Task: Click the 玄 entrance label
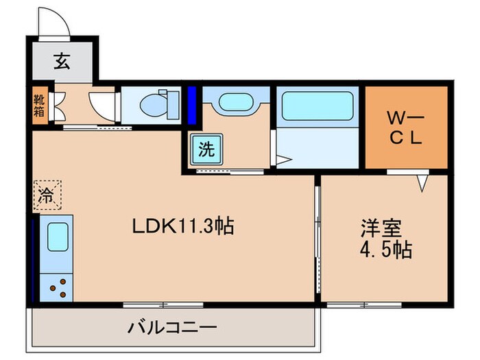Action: click(62, 62)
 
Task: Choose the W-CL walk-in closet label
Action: click(406, 127)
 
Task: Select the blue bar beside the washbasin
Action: click(191, 104)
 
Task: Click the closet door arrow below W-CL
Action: click(423, 182)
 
